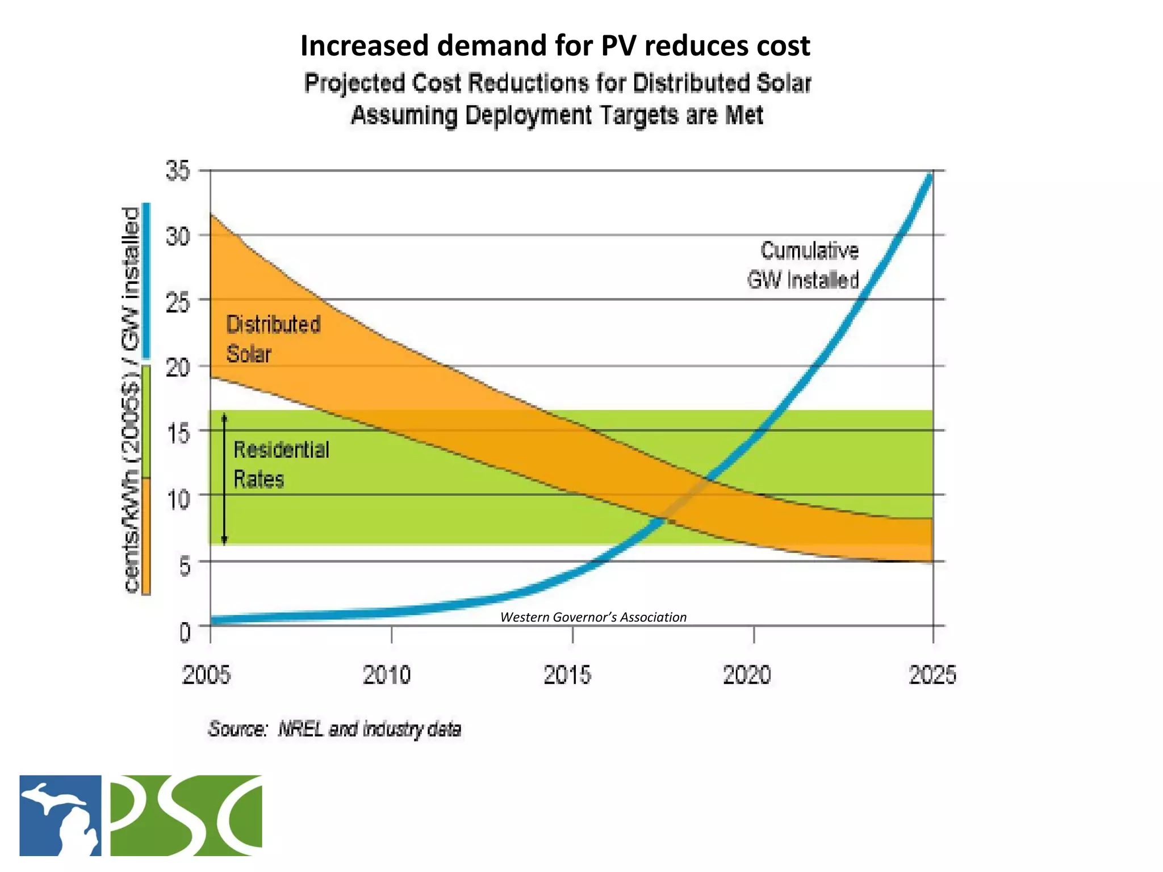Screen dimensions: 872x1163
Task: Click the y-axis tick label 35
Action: tap(178, 170)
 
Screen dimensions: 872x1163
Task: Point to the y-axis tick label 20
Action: tap(178, 367)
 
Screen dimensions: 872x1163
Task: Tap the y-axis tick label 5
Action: tap(185, 566)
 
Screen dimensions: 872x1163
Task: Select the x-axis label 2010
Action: tap(387, 675)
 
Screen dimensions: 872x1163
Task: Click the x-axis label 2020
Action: tap(747, 675)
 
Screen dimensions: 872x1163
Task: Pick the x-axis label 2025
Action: tap(932, 675)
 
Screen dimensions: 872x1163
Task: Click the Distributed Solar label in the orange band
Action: tap(273, 339)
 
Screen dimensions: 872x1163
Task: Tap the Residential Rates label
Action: tap(281, 464)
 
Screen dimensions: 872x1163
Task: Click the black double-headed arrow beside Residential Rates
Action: tap(224, 479)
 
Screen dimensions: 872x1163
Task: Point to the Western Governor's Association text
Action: tap(593, 617)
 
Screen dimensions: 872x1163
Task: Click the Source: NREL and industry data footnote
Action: tap(334, 728)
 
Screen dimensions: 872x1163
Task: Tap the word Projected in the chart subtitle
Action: tap(354, 83)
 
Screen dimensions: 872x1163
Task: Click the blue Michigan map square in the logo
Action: tap(60, 815)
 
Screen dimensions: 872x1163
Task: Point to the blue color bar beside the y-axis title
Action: tap(147, 280)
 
